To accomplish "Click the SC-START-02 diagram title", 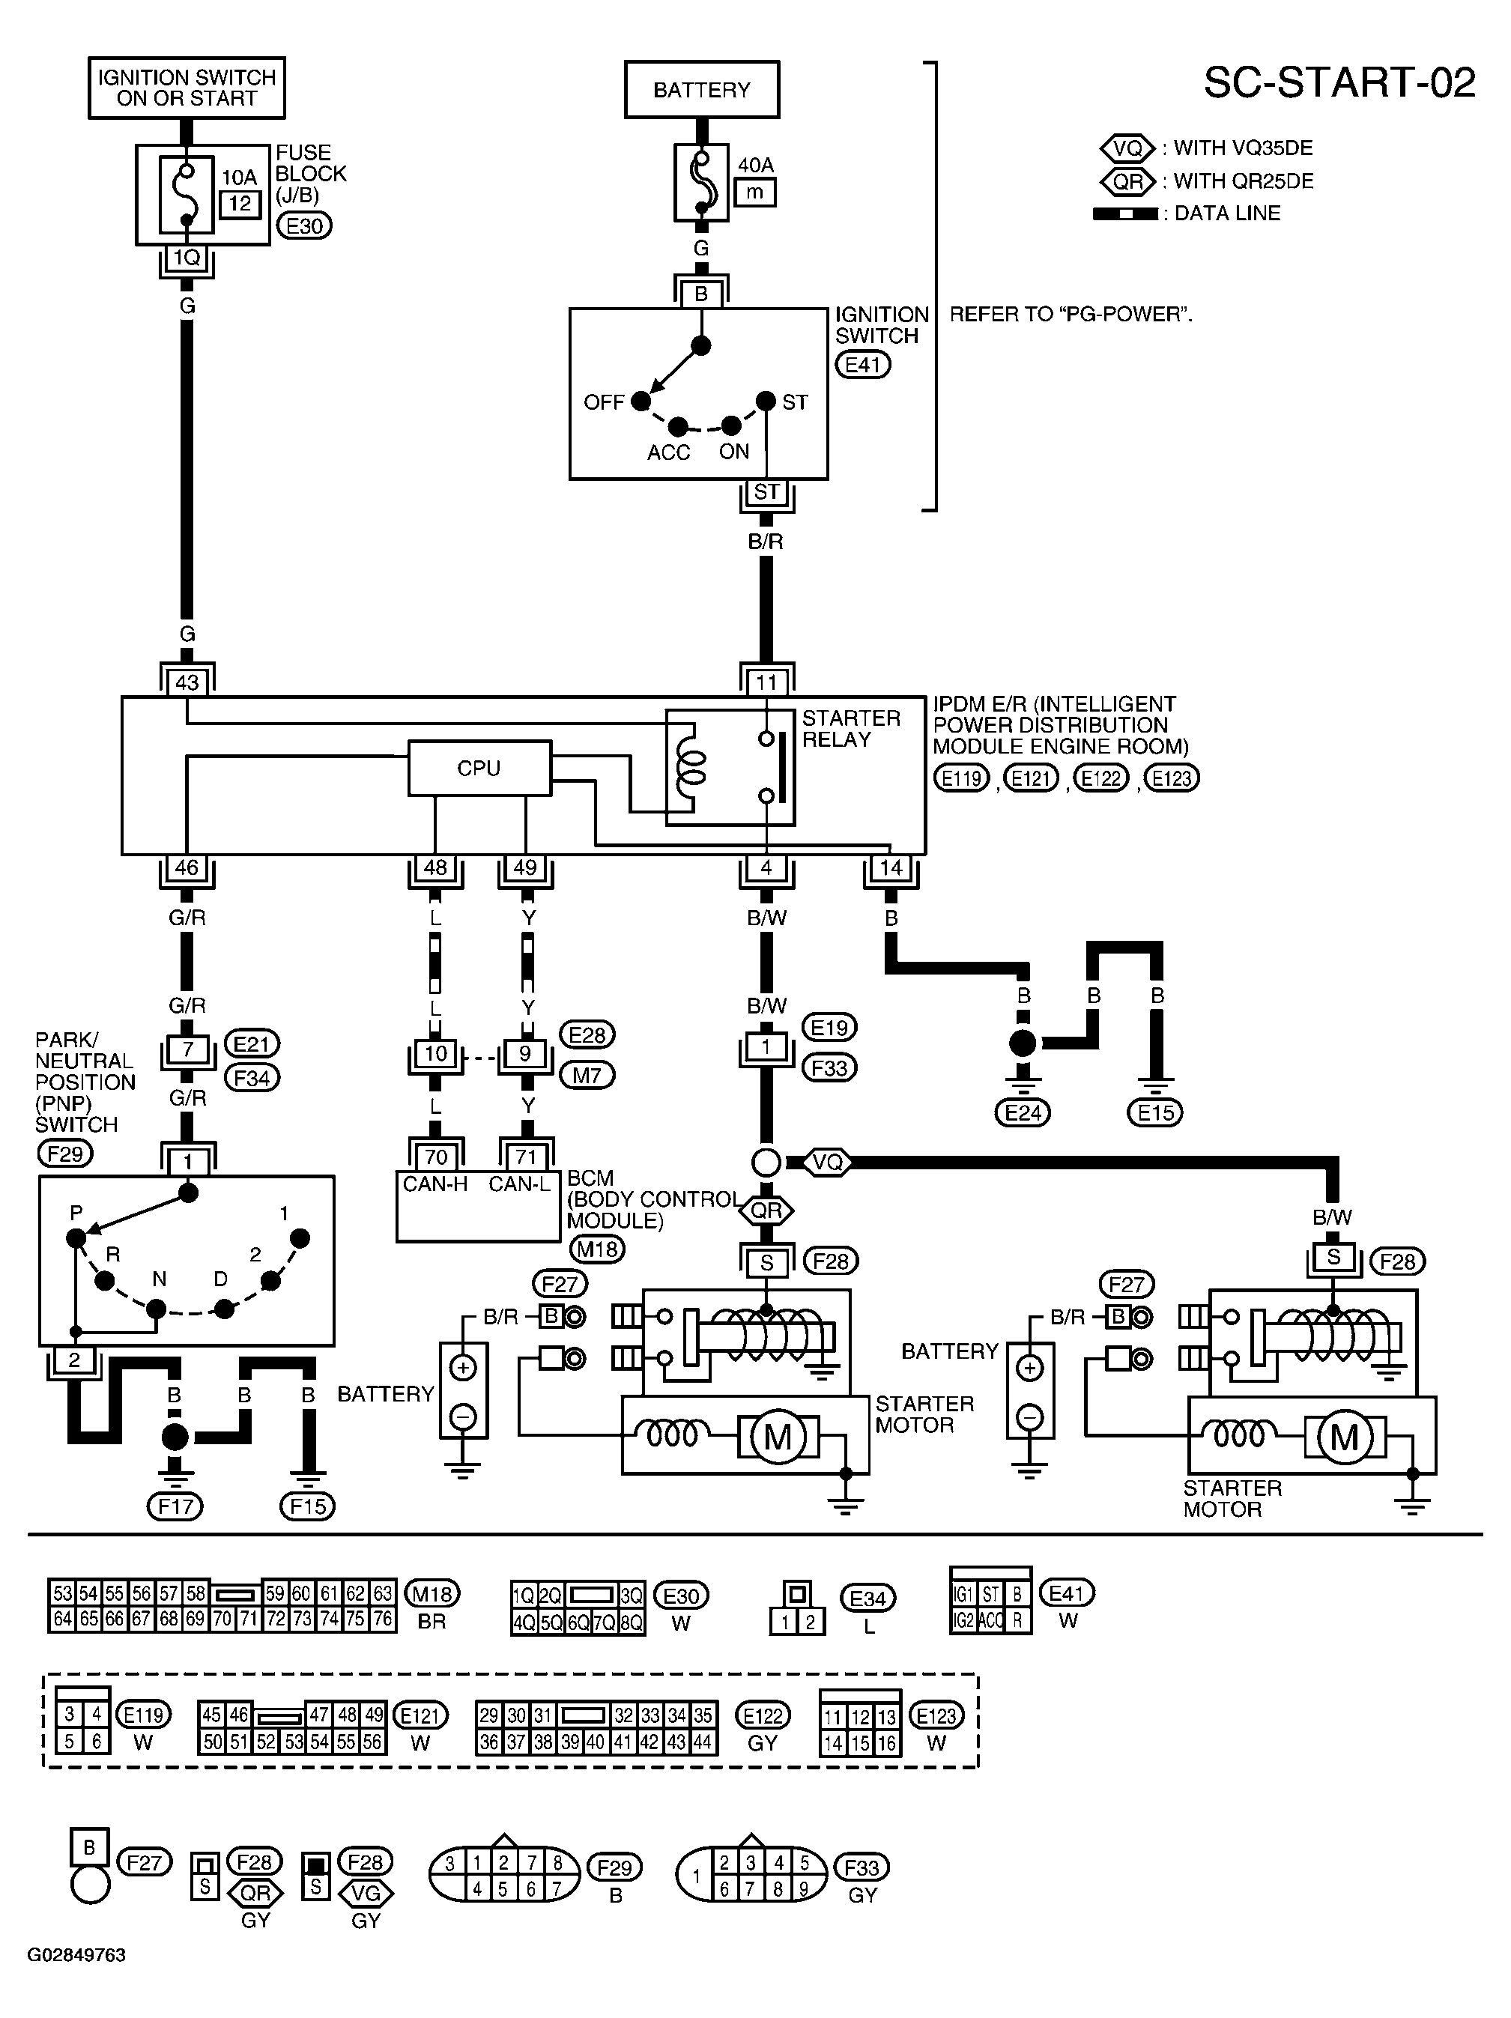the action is coord(1339,83).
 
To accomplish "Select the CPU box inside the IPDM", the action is coord(479,768).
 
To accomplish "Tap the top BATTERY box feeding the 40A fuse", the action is coord(702,89).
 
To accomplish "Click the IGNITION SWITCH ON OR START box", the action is coord(187,88).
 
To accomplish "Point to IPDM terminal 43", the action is coord(187,682).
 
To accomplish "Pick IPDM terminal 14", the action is coord(891,867).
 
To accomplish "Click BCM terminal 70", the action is coord(436,1157).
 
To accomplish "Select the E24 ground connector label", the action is coord(1023,1112).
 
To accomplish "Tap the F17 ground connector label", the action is coord(175,1506).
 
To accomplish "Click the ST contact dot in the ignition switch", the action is coord(766,401).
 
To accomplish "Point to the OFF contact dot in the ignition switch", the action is coord(641,401).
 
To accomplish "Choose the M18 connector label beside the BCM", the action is coord(598,1249).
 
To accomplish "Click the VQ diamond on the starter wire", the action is coord(828,1163).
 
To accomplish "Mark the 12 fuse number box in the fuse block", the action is coord(240,204).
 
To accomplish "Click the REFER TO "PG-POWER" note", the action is coord(1071,315).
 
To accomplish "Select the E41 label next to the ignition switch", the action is coord(862,365).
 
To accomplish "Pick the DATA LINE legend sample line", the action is coord(1125,213).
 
